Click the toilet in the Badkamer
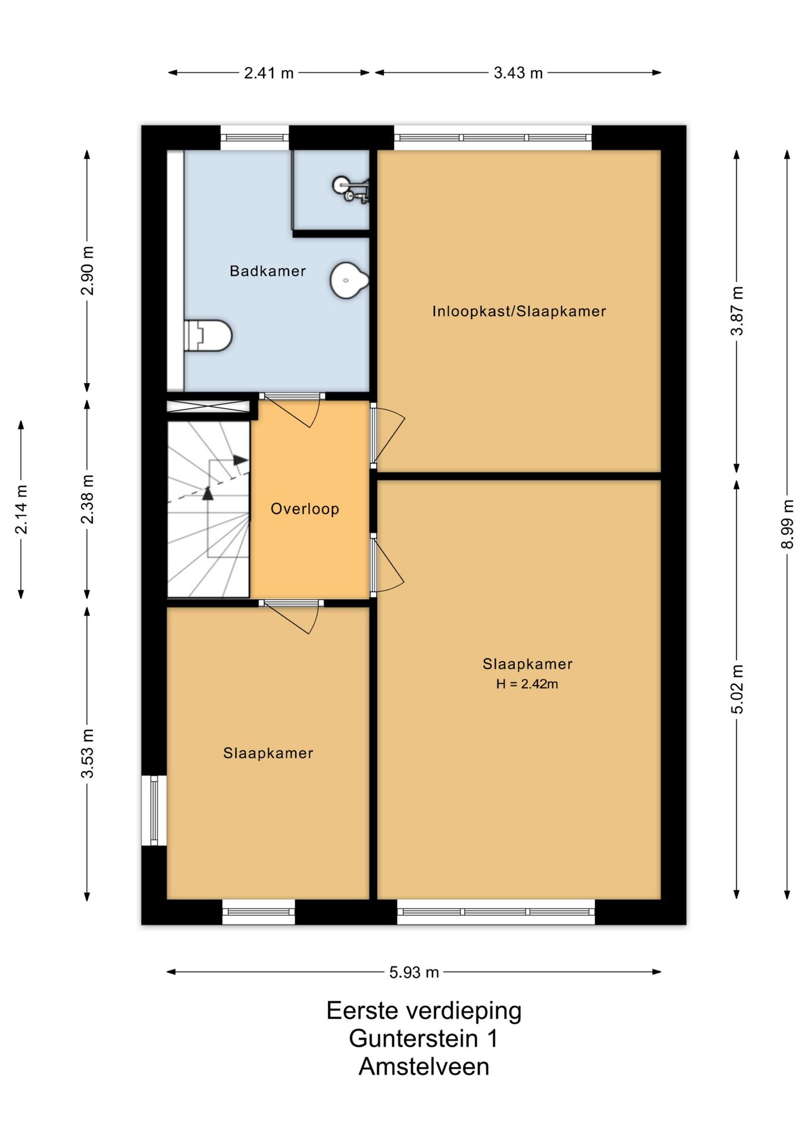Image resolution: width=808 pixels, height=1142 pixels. point(208,335)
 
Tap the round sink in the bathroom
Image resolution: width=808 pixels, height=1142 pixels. point(349,280)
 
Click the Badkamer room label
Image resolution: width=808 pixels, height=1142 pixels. point(268,271)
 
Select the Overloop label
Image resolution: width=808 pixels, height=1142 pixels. point(305,509)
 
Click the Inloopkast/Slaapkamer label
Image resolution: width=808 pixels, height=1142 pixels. point(519,311)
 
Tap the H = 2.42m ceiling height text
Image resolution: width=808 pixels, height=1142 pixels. point(527,684)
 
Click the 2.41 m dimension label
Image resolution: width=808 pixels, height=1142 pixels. point(269,73)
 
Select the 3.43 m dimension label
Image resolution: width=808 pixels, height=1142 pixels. point(518,73)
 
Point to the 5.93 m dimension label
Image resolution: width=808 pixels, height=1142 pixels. point(414,972)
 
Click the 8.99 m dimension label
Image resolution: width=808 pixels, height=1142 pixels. point(787,524)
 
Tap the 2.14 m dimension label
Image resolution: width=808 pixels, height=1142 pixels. point(21,510)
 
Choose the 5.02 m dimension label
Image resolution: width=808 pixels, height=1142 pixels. point(737,689)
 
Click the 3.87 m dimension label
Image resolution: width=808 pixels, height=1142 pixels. point(737,311)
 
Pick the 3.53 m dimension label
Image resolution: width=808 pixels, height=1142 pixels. point(87,753)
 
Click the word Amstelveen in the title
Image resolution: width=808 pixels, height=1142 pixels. point(424,1067)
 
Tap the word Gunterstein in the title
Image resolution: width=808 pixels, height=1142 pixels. point(414,1039)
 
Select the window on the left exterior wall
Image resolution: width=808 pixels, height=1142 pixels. point(154,810)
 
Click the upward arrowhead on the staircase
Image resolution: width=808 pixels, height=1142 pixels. point(208,493)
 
